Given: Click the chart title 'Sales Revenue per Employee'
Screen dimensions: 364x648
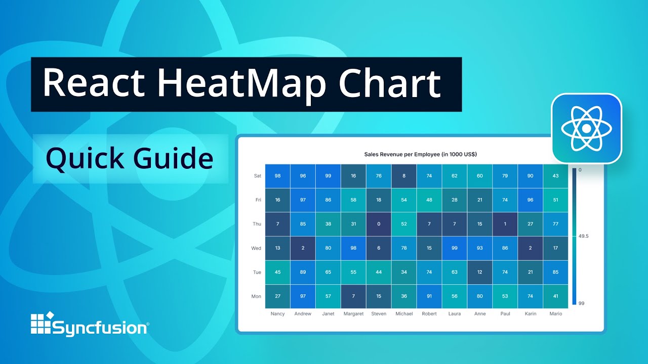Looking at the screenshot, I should click(x=420, y=154).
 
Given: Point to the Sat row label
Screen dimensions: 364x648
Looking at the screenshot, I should click(x=258, y=176).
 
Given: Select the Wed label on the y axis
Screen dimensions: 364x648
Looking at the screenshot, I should click(x=256, y=248).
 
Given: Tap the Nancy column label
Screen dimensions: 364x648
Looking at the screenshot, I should click(x=277, y=313).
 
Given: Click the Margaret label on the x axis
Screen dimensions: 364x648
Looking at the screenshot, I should click(x=353, y=313).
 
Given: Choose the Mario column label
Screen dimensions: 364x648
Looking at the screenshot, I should click(x=555, y=313).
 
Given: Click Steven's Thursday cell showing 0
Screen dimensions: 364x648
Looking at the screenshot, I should click(x=379, y=224).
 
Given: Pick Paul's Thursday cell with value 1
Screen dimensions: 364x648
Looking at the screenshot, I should click(x=505, y=224).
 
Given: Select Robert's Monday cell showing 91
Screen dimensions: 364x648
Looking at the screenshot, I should click(x=429, y=296).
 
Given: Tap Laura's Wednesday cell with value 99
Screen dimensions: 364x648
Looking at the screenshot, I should click(x=455, y=248).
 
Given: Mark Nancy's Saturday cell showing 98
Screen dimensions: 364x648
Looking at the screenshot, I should click(x=277, y=176).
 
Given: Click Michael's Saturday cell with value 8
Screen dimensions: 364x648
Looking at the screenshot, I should click(x=404, y=176).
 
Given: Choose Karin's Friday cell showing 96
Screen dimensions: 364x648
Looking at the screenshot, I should click(x=531, y=200).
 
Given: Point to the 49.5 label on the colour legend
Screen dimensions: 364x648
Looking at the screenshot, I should click(x=584, y=236).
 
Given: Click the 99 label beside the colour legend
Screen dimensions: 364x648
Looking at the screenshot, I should click(x=581, y=303).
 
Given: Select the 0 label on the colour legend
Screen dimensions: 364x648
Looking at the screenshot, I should click(x=580, y=170).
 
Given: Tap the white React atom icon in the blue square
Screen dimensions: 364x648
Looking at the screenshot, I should click(x=586, y=128).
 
